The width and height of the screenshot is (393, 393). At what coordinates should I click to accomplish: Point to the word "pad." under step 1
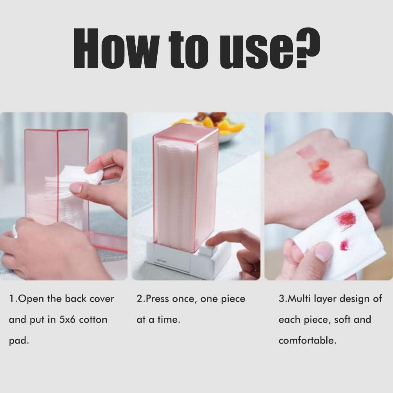18,340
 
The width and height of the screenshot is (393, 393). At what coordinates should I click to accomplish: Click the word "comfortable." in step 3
307,340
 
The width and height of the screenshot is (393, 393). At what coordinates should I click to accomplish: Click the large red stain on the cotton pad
345,220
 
